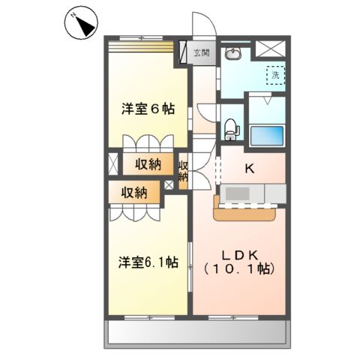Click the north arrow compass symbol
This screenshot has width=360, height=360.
tap(81, 26)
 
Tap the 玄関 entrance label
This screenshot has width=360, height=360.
tap(202, 53)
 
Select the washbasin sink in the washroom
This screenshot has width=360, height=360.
tap(233, 53)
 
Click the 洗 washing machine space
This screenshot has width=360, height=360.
tap(275, 75)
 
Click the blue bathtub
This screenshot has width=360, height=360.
tap(266, 136)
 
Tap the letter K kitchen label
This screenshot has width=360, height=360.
tap(250, 169)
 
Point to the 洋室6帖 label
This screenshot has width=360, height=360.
tap(149, 109)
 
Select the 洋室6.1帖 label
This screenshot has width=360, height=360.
tap(147, 262)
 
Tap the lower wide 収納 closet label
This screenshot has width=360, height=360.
tap(135, 193)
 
